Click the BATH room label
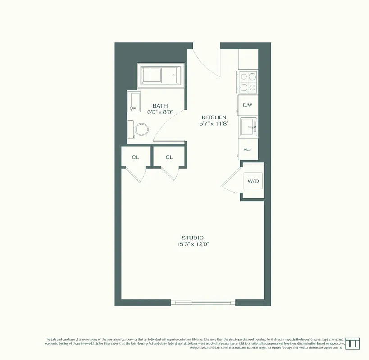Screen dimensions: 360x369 point(160,106)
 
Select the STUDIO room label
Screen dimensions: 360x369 point(192,238)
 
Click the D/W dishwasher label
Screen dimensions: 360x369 point(247,105)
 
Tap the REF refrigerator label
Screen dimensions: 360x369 point(247,149)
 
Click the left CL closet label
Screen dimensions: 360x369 point(135,157)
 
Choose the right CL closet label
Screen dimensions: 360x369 point(169,157)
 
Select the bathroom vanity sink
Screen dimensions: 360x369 point(133,102)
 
